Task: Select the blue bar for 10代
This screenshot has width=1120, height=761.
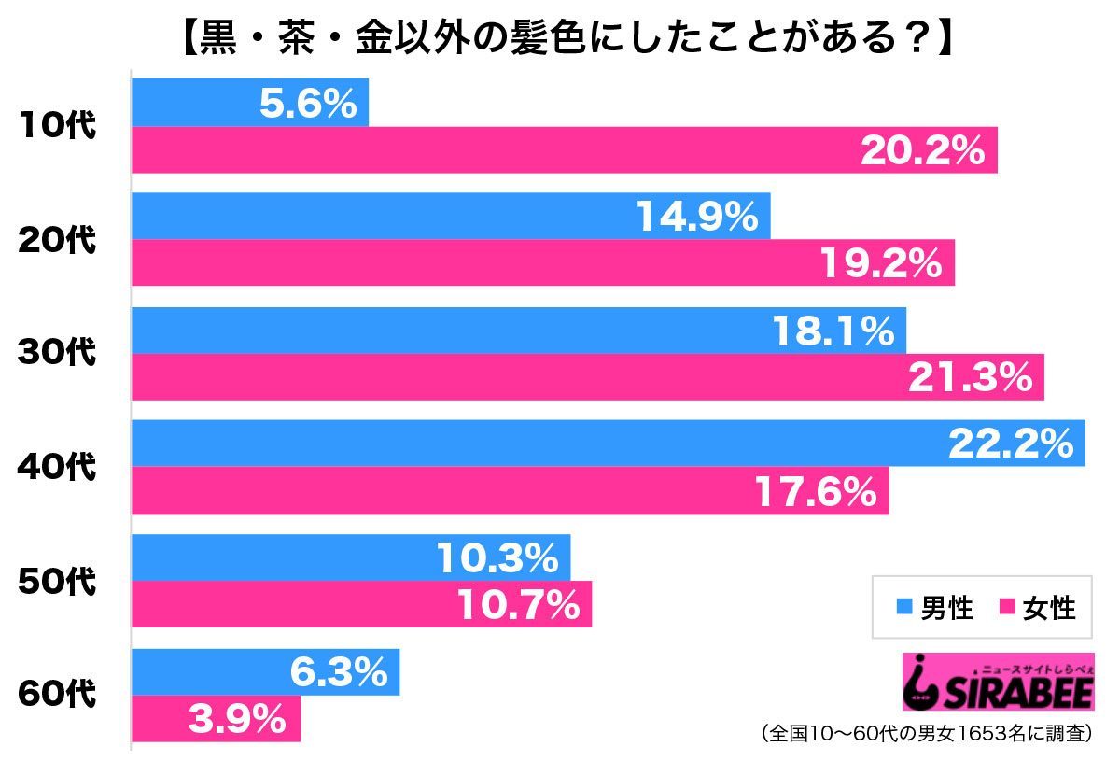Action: click(250, 103)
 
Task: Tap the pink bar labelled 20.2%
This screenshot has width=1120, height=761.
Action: click(564, 149)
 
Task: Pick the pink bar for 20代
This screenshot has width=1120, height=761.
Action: click(542, 263)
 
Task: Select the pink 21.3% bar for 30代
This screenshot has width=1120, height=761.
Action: click(587, 377)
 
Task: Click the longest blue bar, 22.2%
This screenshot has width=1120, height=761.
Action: click(608, 444)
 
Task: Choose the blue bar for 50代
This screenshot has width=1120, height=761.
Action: click(350, 558)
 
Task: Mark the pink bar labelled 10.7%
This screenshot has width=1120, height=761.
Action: click(361, 605)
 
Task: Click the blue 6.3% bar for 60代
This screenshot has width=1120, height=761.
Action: click(265, 672)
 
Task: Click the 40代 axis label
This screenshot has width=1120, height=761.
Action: click(58, 467)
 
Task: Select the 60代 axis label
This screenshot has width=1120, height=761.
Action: click(58, 696)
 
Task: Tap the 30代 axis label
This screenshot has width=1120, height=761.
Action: click(58, 353)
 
